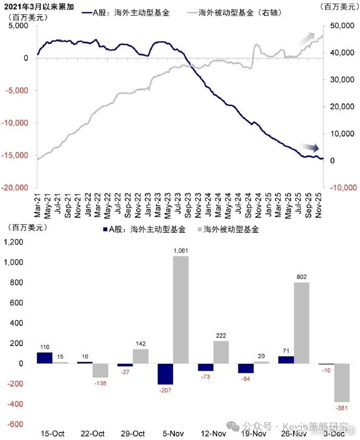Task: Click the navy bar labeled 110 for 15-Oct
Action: pyautogui.click(x=44, y=358)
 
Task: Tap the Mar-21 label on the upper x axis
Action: pyautogui.click(x=38, y=205)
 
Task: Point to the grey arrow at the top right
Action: pyautogui.click(x=306, y=38)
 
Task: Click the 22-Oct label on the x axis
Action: pyautogui.click(x=92, y=433)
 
